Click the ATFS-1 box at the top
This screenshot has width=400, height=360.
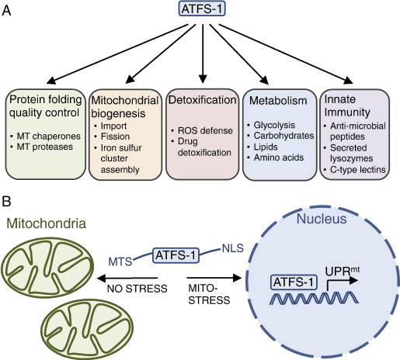[202, 9]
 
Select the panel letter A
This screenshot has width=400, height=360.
[6, 11]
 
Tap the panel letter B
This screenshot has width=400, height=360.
[6, 202]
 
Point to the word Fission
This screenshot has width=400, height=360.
[115, 137]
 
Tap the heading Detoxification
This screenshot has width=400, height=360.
[203, 100]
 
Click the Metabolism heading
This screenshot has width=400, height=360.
[278, 101]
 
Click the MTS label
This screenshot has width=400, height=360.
[120, 261]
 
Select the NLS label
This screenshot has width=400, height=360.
[233, 248]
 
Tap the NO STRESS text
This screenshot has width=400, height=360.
[137, 289]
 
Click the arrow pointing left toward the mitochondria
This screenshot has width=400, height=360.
[127, 279]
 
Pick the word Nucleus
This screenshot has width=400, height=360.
[322, 219]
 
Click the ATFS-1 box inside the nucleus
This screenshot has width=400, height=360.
[294, 282]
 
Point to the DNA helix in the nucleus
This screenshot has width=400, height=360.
[314, 298]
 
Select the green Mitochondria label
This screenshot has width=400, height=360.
[47, 223]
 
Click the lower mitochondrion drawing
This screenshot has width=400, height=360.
[87, 328]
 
